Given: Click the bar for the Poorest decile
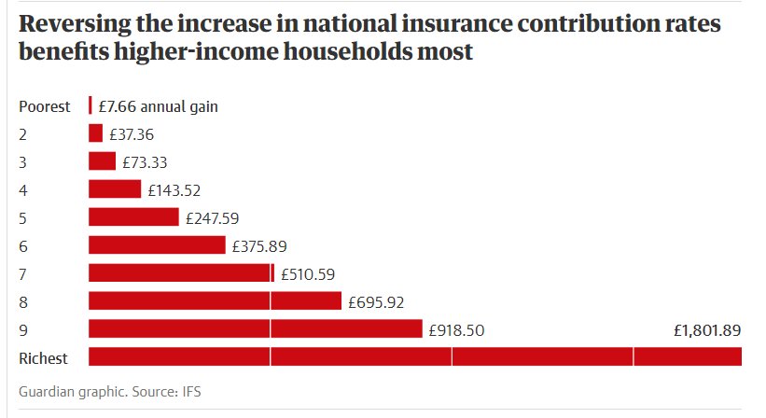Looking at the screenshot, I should [x=90, y=106].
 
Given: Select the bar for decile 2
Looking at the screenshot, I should [x=95, y=133].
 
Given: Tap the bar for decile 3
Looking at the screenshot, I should [x=102, y=161].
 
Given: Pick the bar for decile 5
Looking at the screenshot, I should [x=133, y=217].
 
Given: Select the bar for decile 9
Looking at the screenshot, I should [x=255, y=329].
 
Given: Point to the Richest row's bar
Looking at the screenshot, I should [x=414, y=356].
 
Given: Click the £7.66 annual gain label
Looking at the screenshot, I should [x=158, y=106].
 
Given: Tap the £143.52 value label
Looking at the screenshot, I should [x=174, y=190].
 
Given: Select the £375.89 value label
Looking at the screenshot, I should [x=259, y=246].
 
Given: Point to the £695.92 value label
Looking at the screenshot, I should [x=376, y=302].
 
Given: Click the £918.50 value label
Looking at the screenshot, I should [x=456, y=330].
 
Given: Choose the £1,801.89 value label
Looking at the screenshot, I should [x=706, y=330].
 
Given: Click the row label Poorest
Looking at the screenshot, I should [x=45, y=106].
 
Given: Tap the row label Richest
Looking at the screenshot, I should [x=44, y=358].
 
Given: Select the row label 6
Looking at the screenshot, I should [x=23, y=246].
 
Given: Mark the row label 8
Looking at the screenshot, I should [x=23, y=302].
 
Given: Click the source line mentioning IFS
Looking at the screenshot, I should [x=110, y=392].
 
